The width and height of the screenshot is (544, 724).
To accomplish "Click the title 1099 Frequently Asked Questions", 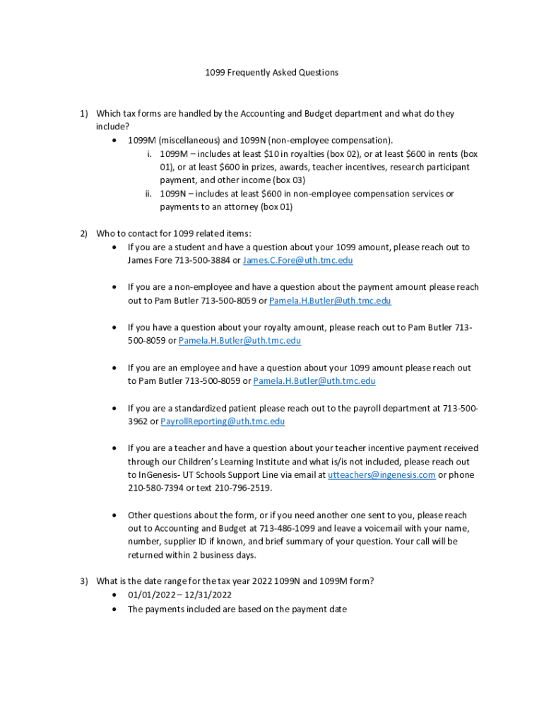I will [272, 72].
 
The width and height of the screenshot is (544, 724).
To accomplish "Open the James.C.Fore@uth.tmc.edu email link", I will [297, 261].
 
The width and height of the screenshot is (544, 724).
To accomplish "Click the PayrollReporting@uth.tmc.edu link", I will [223, 421].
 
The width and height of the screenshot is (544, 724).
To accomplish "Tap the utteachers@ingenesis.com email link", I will [382, 475].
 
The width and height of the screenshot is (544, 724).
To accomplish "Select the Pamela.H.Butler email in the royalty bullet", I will [240, 341].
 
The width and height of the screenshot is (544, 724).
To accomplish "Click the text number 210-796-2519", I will [244, 489].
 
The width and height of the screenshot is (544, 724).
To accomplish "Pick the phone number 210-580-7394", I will [155, 489].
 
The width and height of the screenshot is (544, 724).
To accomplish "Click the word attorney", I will [239, 207].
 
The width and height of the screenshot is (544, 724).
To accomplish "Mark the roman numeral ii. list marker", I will [150, 194].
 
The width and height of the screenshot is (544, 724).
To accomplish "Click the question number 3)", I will [83, 581].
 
